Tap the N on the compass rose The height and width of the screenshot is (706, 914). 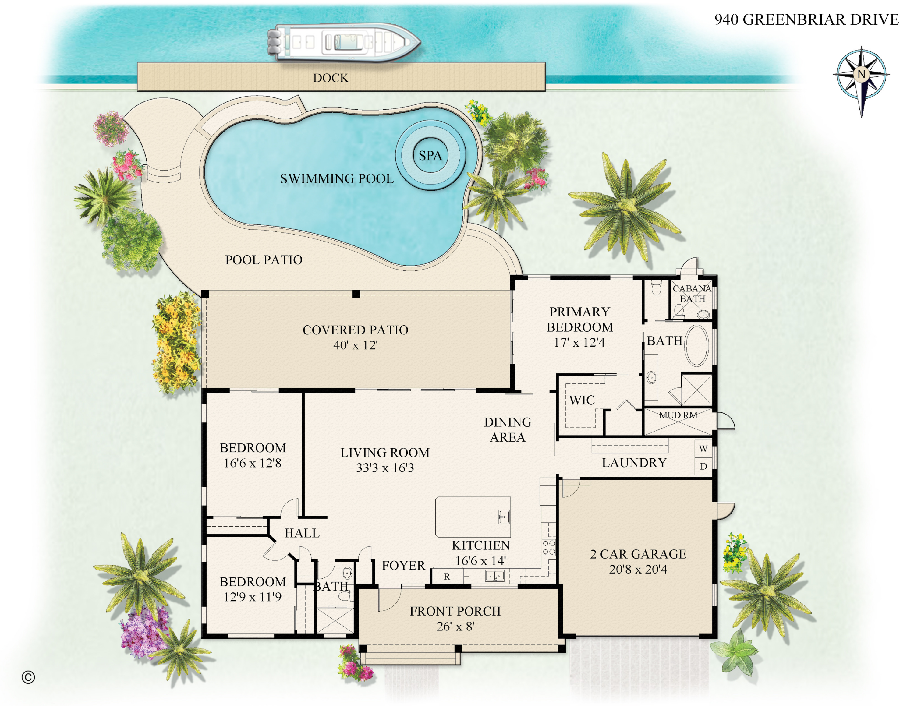tap(861, 74)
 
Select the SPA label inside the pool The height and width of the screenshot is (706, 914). tap(430, 156)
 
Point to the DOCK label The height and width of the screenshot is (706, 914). tap(331, 78)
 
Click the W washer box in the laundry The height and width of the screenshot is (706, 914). tap(703, 449)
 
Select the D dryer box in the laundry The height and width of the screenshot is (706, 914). tap(703, 466)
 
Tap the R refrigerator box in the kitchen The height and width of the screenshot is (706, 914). tap(447, 576)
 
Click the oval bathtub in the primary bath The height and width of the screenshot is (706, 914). tap(696, 345)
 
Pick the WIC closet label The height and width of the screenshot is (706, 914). tap(582, 400)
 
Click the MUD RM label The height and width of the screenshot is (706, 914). tap(678, 415)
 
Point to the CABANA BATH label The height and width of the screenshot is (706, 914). tap(692, 294)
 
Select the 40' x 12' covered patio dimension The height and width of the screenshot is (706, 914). tap(355, 345)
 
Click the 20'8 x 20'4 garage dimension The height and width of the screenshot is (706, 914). tap(638, 569)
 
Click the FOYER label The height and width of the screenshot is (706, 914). tap(403, 566)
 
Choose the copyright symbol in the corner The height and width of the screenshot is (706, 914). tap(28, 677)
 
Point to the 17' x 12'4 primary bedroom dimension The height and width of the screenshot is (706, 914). tap(579, 343)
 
